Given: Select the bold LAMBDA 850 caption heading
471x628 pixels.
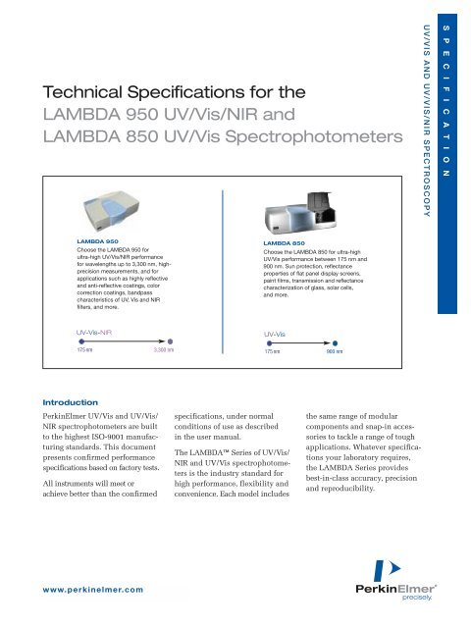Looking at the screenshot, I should [x=285, y=241].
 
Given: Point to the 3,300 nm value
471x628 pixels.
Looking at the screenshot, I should [x=165, y=348].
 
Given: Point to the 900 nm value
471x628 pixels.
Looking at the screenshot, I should [x=334, y=349].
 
